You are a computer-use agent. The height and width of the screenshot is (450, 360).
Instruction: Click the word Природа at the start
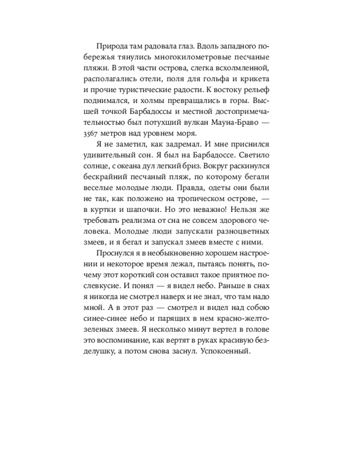[110, 46]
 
